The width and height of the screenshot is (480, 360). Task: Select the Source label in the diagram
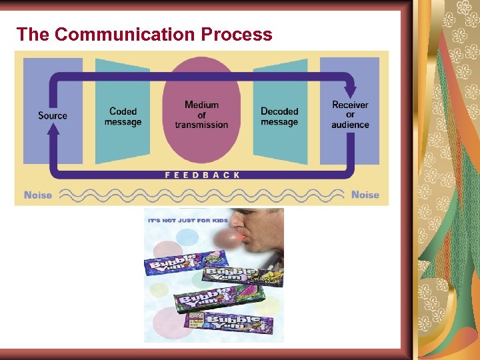pos(53,115)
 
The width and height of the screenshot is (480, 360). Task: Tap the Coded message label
pos(123,117)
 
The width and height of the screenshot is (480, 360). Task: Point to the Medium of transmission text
pos(201,115)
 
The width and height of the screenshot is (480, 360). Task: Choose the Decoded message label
pos(279,117)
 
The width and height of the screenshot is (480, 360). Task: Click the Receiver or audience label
pos(350,115)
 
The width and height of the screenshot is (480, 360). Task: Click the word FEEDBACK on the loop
pos(202,175)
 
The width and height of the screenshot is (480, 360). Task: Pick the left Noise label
pos(38,195)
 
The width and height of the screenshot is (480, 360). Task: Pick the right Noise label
pos(365,195)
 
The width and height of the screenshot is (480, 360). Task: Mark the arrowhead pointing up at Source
pos(53,130)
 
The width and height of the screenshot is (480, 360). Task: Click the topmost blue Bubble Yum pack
pos(175,265)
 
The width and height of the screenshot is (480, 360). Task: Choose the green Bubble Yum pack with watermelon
pos(207,299)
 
